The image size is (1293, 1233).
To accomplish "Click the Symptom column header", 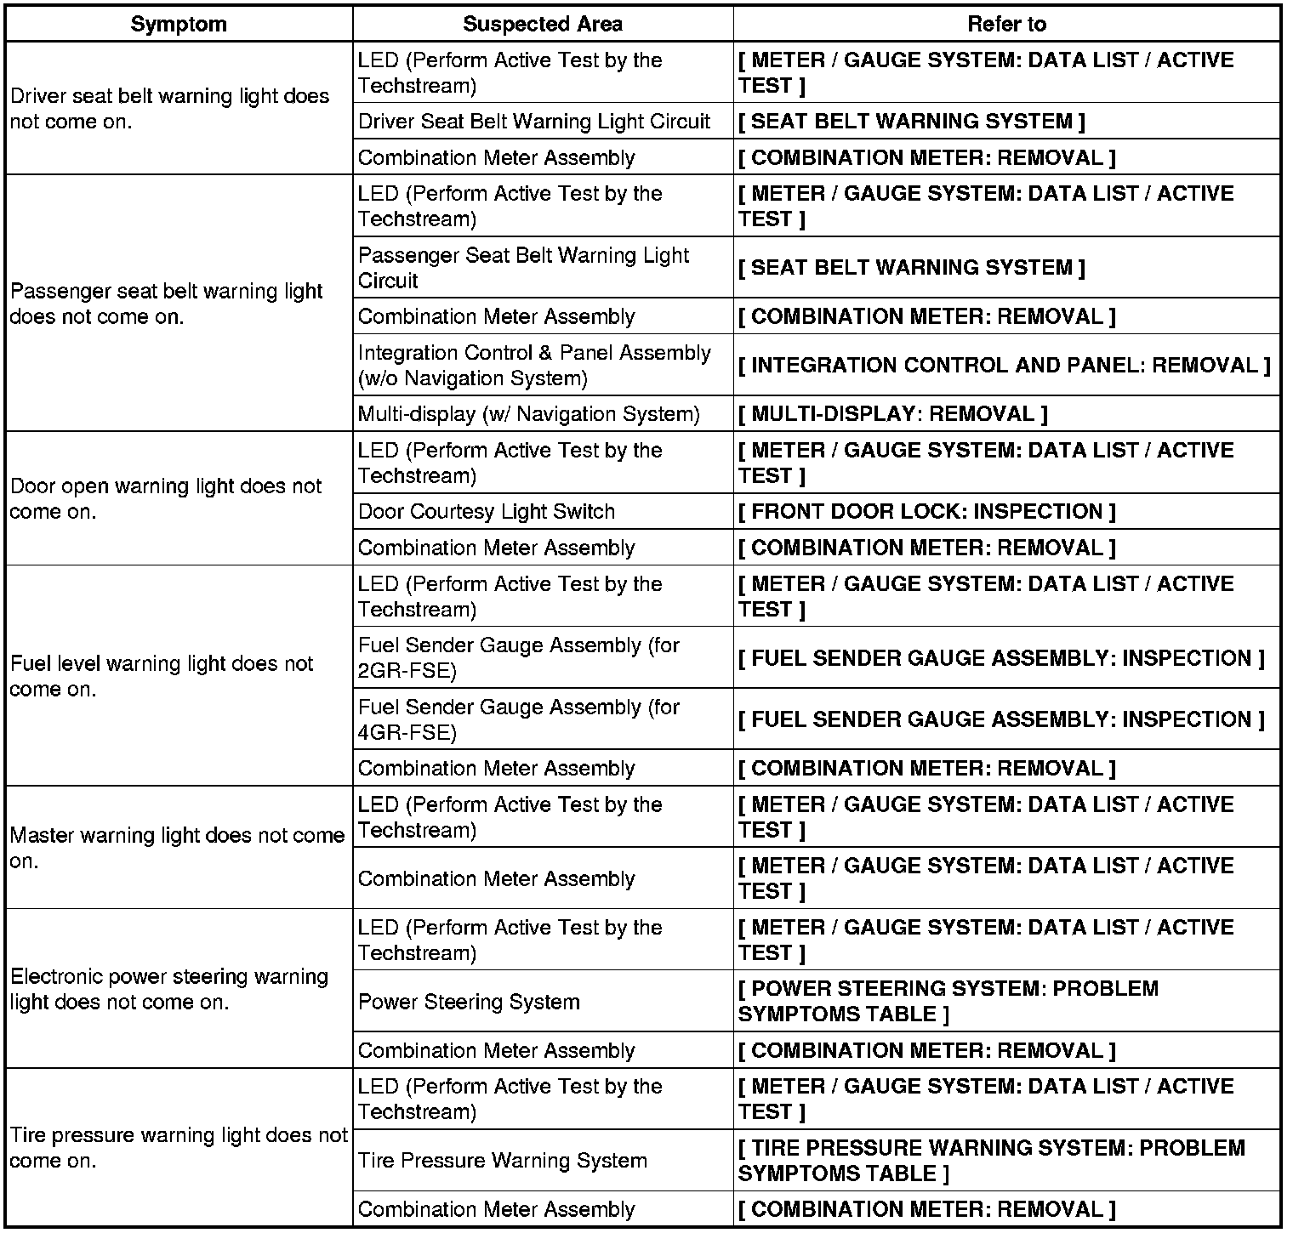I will (179, 24).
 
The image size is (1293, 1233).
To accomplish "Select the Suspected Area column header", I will (542, 24).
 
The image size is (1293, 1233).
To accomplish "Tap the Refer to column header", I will (1006, 24).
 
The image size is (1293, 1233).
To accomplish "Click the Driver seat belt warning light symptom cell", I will (169, 108).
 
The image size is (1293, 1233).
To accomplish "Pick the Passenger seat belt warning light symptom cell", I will (167, 304).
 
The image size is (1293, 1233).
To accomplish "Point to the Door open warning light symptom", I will (166, 498).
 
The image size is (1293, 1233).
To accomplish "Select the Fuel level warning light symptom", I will (162, 676).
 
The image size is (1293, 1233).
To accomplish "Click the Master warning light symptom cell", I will (177, 848).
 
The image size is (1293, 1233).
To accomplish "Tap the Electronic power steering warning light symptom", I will (169, 989).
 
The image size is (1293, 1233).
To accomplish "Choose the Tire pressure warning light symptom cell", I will (179, 1148).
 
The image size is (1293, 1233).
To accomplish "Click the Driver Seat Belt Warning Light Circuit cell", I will (533, 122).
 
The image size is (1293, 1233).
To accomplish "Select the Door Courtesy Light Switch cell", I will (486, 512).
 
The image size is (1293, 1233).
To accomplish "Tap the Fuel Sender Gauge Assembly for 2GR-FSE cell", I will (518, 658).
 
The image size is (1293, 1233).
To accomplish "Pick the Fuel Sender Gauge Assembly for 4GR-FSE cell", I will (518, 719).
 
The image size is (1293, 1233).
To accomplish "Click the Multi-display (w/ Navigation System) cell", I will (528, 414).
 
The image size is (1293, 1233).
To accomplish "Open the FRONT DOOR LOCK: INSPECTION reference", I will (926, 512).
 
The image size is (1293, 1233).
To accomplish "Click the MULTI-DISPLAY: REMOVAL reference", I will (892, 414).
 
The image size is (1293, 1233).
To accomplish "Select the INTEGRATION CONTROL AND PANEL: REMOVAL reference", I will (1004, 366).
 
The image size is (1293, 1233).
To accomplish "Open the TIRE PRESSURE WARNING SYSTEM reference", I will (991, 1161).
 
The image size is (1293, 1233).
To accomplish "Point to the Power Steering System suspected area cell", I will (469, 1002).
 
